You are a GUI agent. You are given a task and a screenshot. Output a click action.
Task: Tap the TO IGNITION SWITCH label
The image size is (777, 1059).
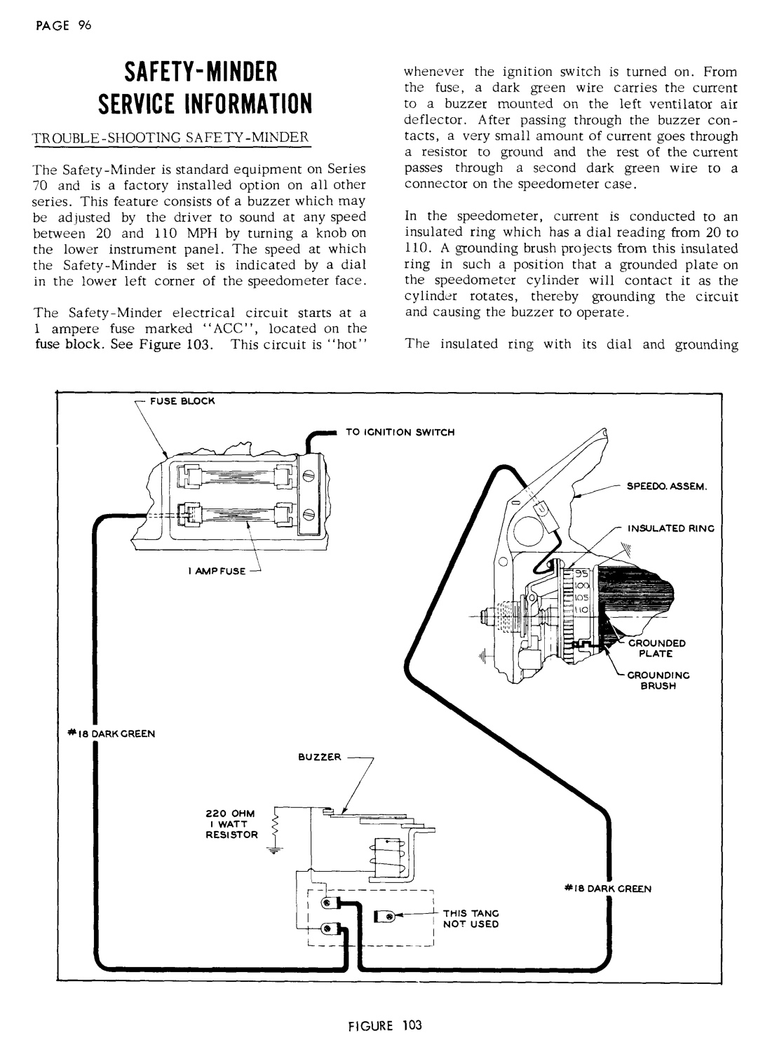pyautogui.click(x=400, y=432)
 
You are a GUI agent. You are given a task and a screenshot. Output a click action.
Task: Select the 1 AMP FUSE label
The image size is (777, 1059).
pyautogui.click(x=215, y=571)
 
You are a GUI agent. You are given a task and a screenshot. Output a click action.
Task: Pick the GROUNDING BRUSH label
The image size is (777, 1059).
pyautogui.click(x=657, y=680)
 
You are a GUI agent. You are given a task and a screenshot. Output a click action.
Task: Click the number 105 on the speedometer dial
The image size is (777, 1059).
pyautogui.click(x=581, y=598)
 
